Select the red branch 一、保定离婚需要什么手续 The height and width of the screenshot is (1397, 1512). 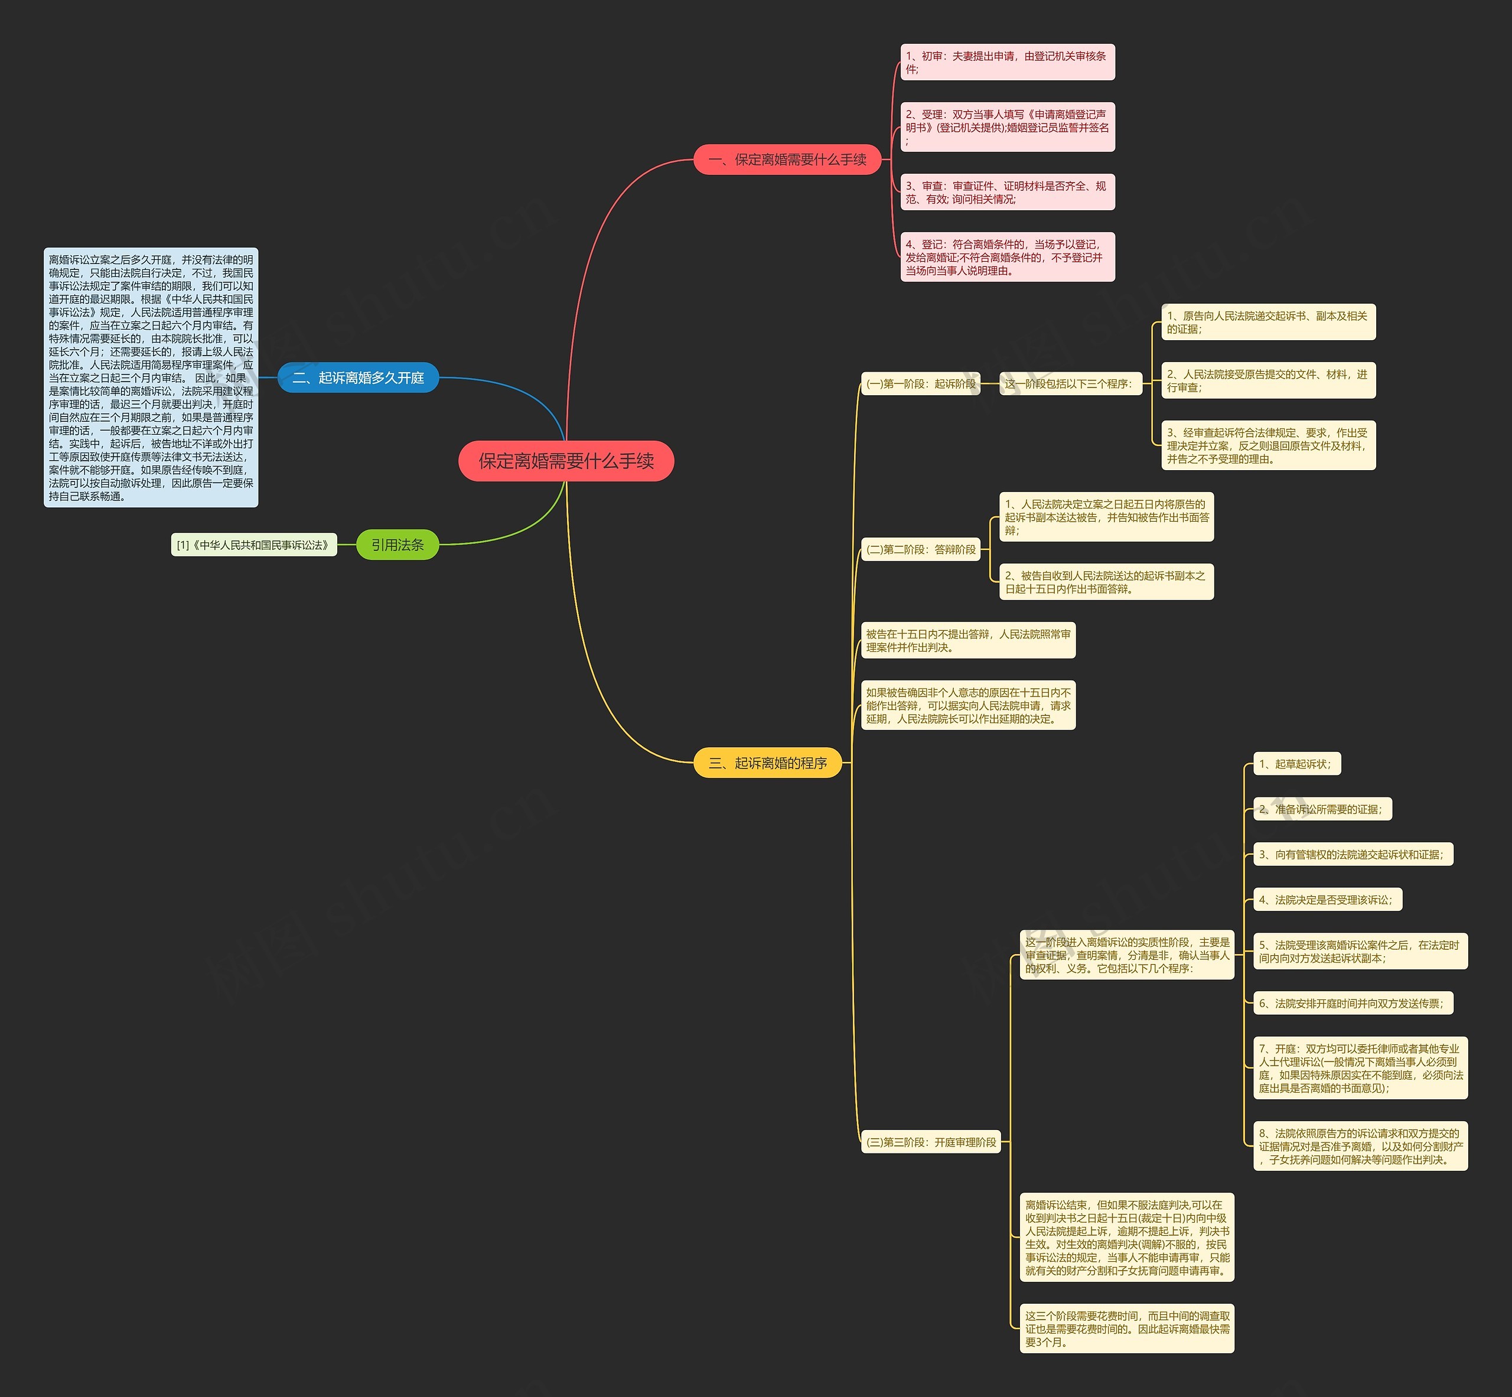(x=787, y=159)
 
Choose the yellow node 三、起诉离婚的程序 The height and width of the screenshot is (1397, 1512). (x=767, y=763)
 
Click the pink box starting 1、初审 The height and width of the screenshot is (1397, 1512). (x=1007, y=62)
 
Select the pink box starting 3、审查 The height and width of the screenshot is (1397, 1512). (x=1007, y=192)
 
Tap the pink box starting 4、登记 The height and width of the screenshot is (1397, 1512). (x=1007, y=257)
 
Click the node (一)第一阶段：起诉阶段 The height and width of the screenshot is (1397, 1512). (x=920, y=384)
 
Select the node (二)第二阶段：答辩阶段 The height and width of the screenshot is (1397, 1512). (x=920, y=549)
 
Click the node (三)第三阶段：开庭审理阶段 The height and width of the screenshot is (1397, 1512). (x=931, y=1141)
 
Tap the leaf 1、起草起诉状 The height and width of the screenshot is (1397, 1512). (x=1296, y=764)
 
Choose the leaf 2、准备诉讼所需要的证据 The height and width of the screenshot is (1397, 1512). (x=1321, y=809)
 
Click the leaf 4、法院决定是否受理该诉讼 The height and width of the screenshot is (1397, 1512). (x=1327, y=900)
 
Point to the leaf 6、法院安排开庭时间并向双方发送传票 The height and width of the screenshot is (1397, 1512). (x=1353, y=1003)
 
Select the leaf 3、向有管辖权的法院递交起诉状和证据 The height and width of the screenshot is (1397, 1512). (x=1353, y=854)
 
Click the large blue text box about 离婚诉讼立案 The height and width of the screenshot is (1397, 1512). (x=151, y=377)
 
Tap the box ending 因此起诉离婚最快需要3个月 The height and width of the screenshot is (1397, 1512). (x=1126, y=1328)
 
